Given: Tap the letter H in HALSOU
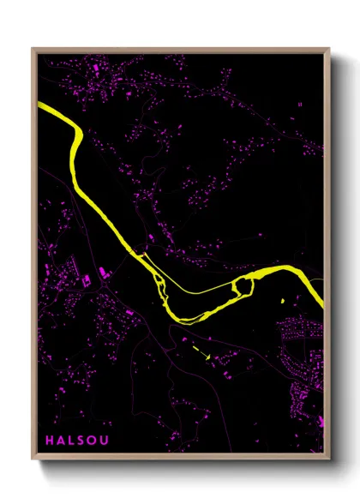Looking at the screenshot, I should (x=51, y=441).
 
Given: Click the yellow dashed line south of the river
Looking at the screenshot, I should (x=201, y=349).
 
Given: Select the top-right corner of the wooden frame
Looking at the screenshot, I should (x=329, y=49).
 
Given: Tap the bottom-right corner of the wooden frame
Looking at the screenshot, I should (x=329, y=459).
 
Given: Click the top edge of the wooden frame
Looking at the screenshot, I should (x=180, y=50).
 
